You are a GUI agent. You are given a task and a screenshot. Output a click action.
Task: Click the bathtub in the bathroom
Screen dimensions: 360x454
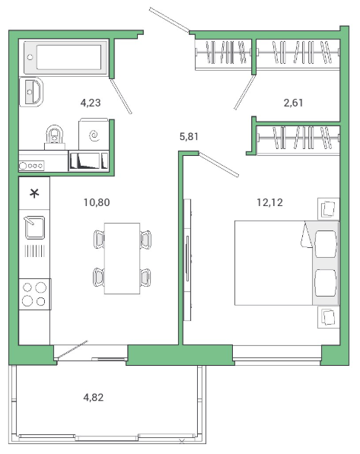tap(65, 57)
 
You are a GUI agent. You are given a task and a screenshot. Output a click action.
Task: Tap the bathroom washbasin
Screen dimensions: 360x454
tap(31, 92)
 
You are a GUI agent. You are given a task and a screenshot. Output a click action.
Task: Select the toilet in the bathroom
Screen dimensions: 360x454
tap(55, 137)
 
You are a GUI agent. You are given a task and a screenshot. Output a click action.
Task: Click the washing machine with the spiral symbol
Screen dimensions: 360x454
tap(94, 135)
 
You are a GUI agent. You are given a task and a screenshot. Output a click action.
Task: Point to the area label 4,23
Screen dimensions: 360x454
tap(91, 103)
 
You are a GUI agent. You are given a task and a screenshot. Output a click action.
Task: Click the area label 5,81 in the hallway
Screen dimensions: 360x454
tap(189, 136)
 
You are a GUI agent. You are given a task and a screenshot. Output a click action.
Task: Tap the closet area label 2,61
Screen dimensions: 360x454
tap(293, 103)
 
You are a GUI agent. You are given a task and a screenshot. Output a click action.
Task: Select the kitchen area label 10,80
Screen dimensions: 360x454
tap(97, 202)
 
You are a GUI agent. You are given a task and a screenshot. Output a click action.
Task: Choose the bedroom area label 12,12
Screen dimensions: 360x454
tap(269, 202)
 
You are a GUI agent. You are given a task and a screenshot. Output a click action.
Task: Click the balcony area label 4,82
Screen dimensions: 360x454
tap(94, 397)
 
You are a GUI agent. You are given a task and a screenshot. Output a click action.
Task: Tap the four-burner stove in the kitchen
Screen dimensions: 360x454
tap(35, 294)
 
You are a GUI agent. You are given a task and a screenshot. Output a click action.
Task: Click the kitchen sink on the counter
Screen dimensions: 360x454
tap(35, 227)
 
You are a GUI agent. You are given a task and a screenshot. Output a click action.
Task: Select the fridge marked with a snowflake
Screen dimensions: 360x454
tap(34, 193)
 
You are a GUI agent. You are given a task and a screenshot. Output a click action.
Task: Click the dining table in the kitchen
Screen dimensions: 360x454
tap(122, 259)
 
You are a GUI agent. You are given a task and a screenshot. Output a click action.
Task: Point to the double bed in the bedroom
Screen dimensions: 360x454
tap(287, 263)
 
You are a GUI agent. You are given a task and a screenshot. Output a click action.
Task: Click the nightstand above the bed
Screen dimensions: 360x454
tap(328, 208)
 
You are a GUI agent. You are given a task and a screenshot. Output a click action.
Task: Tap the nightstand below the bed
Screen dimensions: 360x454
tap(328, 317)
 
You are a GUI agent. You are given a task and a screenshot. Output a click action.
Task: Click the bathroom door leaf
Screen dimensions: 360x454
tap(121, 96)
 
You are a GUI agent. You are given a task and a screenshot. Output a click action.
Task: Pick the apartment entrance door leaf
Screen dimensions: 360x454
tap(169, 19)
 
